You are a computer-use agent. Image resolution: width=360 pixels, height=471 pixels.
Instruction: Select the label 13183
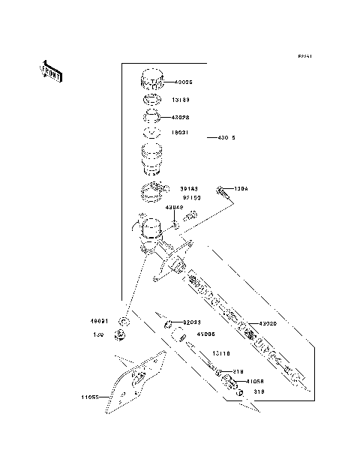click(183, 99)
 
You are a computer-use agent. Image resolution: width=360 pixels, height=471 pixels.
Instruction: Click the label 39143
click(189, 189)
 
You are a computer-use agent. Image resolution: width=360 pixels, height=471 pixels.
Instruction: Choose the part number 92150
click(192, 198)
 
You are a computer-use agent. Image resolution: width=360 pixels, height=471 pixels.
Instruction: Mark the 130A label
click(241, 189)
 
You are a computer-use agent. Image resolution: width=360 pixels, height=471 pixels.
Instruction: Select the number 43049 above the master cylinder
click(174, 207)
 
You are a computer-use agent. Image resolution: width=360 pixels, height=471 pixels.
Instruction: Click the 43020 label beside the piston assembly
click(268, 323)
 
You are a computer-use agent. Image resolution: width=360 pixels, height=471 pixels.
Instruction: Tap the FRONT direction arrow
click(52, 72)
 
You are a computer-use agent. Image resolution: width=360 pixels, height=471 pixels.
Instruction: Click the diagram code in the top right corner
click(304, 56)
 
